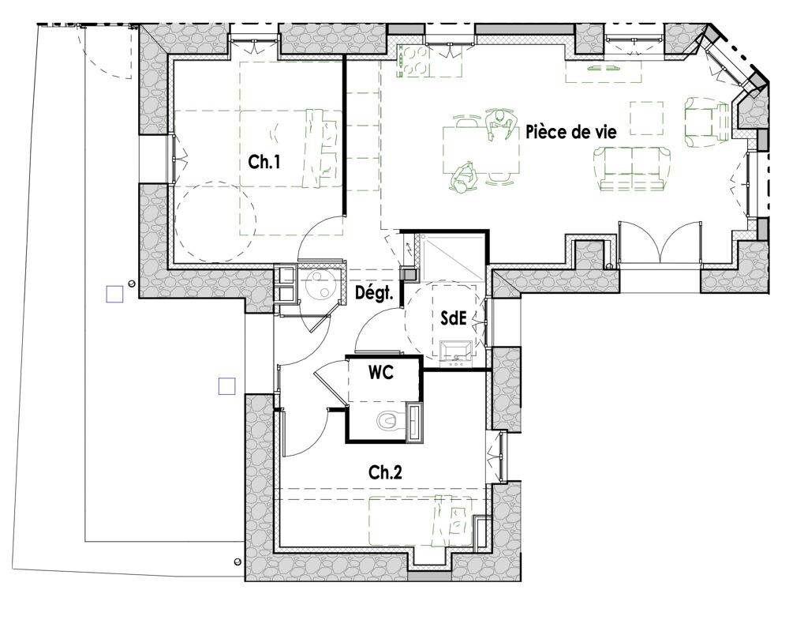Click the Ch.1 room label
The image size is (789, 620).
click(264, 162)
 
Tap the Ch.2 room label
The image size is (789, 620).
click(386, 472)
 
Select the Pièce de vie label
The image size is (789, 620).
click(571, 132)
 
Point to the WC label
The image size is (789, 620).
click(381, 373)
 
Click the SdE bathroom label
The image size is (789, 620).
click(454, 318)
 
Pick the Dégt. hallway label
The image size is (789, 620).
click(374, 293)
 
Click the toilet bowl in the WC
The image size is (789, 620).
click(388, 421)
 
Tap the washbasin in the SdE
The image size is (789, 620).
click(456, 351)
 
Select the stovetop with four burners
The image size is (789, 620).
click(413, 61)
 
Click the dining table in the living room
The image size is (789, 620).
click(481, 149)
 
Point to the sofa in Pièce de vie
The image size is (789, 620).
click(632, 169)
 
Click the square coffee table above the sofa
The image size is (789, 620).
click(647, 118)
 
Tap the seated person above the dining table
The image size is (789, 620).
click(500, 124)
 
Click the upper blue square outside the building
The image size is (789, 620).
click(114, 294)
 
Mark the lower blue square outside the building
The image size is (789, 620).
click(227, 386)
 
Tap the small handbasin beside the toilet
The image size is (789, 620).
click(415, 422)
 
